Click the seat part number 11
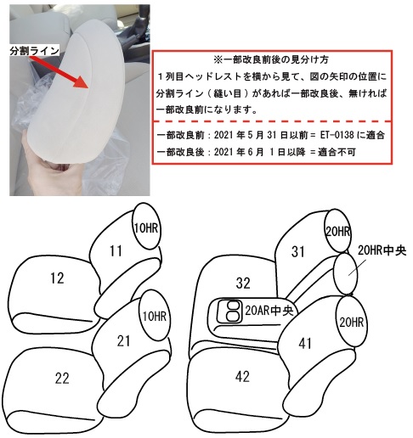116,251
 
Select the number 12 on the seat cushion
57,278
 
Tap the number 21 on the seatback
123,341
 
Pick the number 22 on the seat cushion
62,378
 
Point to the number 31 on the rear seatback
298,251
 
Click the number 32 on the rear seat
243,283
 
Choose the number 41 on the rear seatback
305,343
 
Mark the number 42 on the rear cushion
242,376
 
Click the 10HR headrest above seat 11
146,226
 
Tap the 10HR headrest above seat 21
155,316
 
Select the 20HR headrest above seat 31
337,231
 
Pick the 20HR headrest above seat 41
352,322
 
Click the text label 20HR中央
382,250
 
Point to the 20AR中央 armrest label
269,311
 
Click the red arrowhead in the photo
83,81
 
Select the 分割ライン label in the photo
34,51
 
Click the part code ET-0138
337,135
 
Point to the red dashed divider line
272,121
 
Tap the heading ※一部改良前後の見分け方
271,59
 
